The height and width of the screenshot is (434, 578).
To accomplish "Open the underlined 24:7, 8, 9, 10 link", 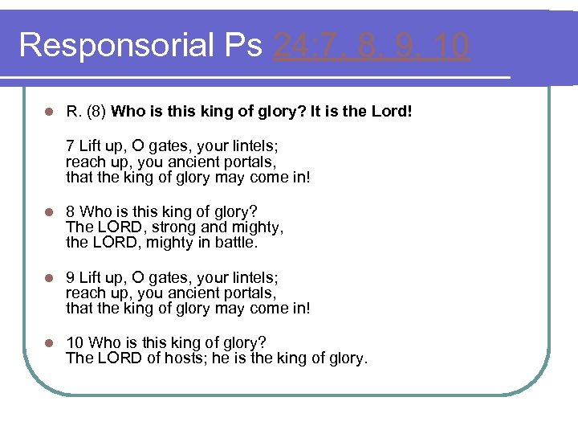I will [371, 46].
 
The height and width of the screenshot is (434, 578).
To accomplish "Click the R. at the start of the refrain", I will [73, 112].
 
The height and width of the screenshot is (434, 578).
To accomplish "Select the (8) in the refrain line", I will [96, 112].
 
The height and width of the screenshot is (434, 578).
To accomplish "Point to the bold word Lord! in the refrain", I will [392, 112].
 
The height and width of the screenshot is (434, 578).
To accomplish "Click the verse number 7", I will [70, 147].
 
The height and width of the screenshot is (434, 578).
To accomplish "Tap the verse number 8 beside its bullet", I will [70, 212].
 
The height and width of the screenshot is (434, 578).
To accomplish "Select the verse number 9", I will [70, 278].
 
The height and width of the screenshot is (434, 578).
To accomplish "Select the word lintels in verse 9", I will [252, 278].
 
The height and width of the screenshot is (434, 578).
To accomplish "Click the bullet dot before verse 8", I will [49, 213].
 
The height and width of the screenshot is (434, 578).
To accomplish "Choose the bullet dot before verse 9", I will [49, 279].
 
